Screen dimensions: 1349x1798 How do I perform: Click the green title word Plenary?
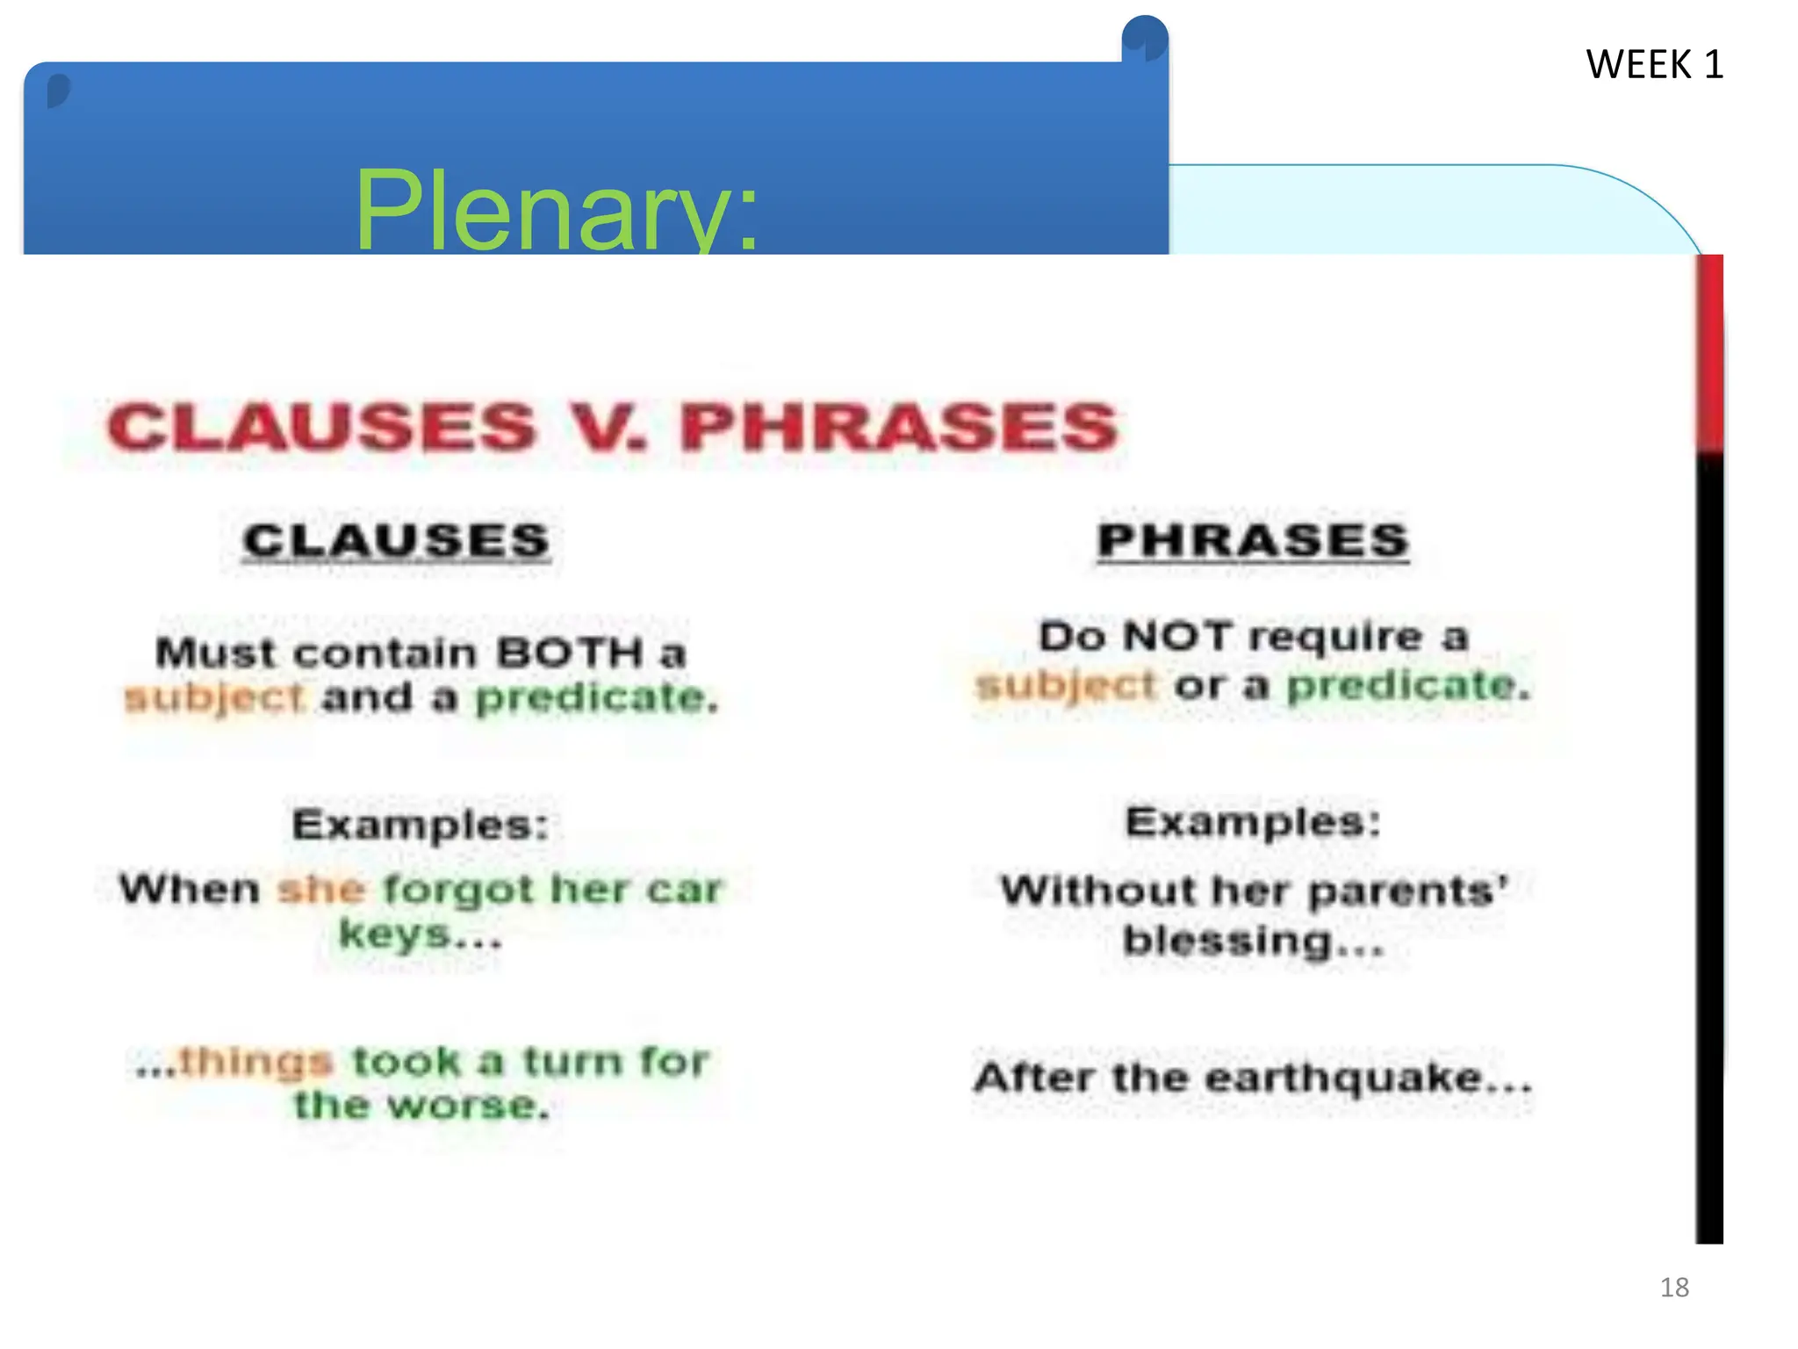click(556, 211)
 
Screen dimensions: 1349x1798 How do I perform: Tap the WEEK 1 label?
click(1653, 65)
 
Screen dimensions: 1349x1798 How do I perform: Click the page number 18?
click(1673, 1287)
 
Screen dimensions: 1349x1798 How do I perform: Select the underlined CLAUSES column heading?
click(397, 540)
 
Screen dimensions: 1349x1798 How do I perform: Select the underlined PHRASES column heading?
click(1253, 540)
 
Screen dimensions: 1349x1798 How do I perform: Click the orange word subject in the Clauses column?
click(215, 698)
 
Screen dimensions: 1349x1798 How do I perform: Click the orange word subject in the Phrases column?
click(1066, 685)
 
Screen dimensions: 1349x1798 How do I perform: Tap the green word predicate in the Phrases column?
click(1408, 685)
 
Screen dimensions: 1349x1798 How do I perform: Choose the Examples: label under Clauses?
click(421, 825)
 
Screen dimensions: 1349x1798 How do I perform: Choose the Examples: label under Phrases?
click(1253, 822)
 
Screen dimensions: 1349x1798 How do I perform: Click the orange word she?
click(320, 890)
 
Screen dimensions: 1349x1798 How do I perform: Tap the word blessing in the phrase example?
click(1227, 941)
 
